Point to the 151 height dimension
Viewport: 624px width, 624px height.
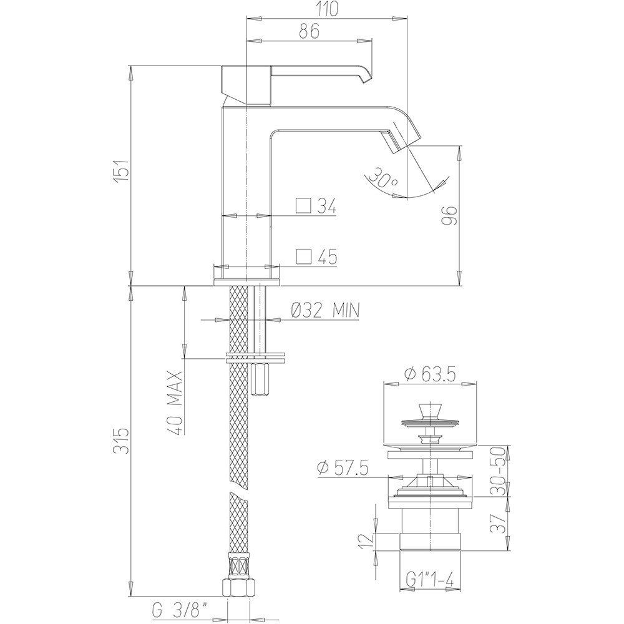click(122, 171)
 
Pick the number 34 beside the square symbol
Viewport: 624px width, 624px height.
click(327, 207)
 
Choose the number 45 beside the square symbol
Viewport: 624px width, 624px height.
click(327, 257)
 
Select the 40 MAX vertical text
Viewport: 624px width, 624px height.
click(175, 403)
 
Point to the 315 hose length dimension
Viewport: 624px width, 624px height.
click(122, 441)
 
